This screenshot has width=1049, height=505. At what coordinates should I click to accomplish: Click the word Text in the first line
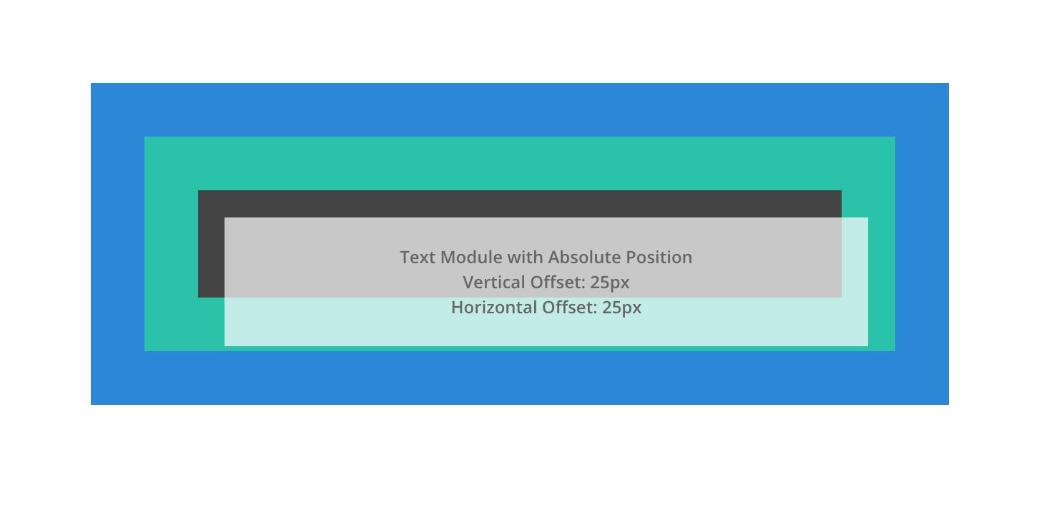(415, 258)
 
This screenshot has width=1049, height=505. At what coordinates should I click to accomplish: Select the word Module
(463, 258)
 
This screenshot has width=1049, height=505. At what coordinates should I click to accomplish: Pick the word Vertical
(494, 283)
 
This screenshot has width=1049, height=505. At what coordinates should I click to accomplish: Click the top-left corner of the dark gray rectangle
(199, 191)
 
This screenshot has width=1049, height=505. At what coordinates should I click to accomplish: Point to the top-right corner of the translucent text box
(867, 218)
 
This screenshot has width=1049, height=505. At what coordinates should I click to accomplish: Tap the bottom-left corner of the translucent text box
(225, 345)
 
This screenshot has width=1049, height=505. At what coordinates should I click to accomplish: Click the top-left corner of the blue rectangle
(92, 84)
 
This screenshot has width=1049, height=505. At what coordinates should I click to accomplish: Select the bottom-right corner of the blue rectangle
(948, 404)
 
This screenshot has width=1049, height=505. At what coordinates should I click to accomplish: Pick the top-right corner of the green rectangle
(895, 137)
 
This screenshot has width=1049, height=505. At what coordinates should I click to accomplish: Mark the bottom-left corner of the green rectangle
(145, 350)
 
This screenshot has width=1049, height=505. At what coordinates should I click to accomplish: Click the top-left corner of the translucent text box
(225, 218)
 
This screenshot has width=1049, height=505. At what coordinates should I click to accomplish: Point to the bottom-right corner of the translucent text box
(867, 345)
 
